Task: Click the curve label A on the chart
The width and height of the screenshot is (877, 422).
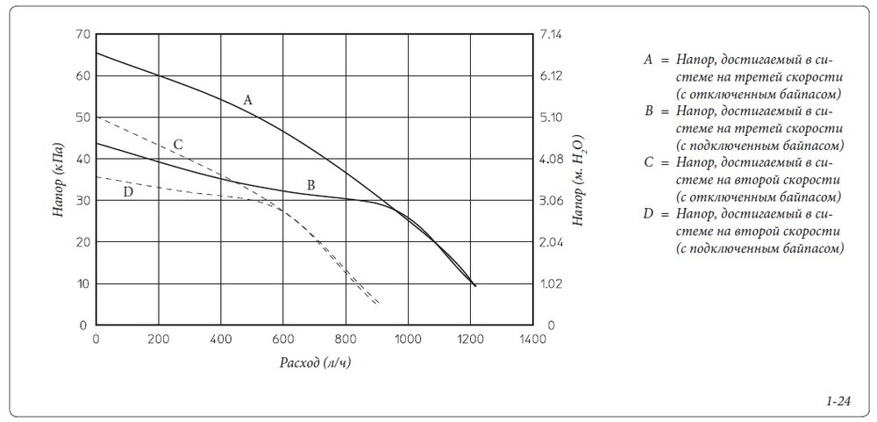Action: coord(248,100)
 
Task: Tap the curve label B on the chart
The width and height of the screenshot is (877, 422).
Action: coord(310,184)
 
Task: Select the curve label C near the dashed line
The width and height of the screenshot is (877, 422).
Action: coord(177,144)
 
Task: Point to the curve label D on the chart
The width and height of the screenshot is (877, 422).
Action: coord(128,191)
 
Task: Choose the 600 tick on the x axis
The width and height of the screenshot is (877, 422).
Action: coord(283,340)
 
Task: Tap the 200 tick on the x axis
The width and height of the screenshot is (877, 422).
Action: coord(159,340)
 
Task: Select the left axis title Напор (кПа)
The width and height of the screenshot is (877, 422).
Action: coord(57,180)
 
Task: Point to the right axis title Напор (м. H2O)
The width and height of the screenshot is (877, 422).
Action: coord(580,180)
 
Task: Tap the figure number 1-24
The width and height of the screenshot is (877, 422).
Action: coord(838,401)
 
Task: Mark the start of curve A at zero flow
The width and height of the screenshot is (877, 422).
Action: coord(96,54)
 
